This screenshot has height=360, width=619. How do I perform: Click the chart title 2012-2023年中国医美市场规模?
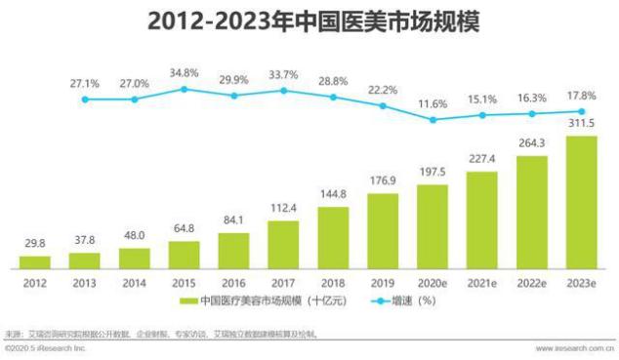pyautogui.click(x=310, y=21)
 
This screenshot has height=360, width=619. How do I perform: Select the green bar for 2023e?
pyautogui.click(x=582, y=201)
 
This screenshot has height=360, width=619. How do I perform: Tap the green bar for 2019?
pyautogui.click(x=383, y=229)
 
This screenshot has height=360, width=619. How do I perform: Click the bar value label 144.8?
pyautogui.click(x=333, y=194)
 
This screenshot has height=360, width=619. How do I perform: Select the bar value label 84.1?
pyautogui.click(x=233, y=220)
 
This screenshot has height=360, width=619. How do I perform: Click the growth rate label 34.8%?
pyautogui.click(x=184, y=73)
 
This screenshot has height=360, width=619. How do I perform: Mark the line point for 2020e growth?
pyautogui.click(x=433, y=120)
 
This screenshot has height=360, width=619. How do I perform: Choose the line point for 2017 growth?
pyautogui.click(x=283, y=91)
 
